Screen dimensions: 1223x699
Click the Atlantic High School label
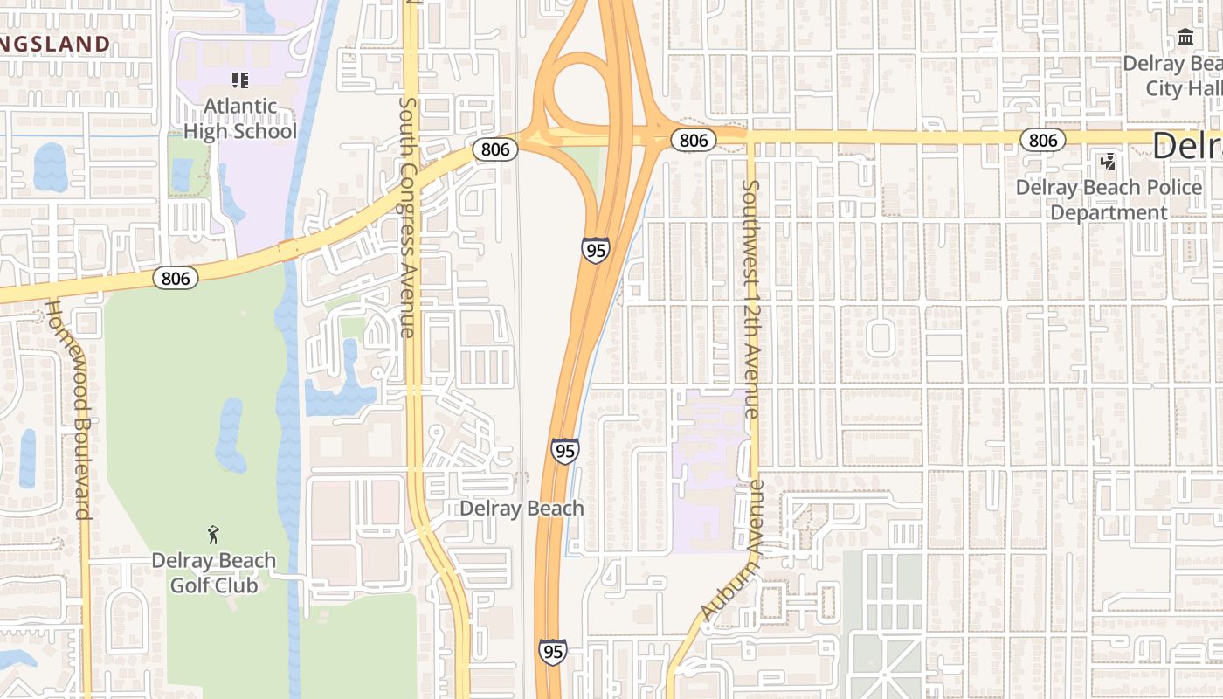point(239,119)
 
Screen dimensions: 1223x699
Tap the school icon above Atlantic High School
point(240,80)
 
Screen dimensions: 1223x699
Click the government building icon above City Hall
point(1185,38)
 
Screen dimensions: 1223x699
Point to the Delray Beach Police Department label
point(1109,200)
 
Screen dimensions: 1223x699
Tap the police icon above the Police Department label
point(1109,162)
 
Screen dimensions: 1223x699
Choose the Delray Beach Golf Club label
point(214,572)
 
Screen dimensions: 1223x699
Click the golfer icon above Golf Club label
point(214,534)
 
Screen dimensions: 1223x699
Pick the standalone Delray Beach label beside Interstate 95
point(522,509)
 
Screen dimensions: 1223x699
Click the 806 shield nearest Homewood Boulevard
point(176,278)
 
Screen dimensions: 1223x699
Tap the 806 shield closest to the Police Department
point(1042,140)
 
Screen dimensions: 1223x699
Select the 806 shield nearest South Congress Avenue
point(495,149)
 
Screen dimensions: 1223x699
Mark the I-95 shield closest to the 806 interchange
point(596,250)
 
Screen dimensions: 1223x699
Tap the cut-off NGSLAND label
point(55,44)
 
